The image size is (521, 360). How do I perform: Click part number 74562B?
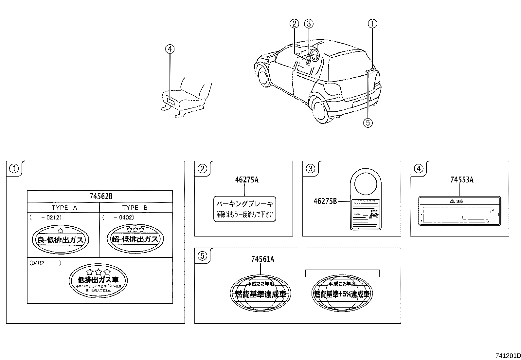101,197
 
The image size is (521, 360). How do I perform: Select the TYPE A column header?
64,208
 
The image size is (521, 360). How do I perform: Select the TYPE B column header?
135,208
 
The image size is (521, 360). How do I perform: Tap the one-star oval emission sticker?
61,239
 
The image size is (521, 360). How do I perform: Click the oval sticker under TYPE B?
135,238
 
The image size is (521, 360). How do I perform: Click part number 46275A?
246,180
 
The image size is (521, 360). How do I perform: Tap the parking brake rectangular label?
245,209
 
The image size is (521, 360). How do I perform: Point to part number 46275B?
325,201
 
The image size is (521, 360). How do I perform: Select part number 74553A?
462,180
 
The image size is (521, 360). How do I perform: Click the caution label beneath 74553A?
460,211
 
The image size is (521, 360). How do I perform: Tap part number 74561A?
262,259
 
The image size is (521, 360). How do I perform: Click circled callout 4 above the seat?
170,49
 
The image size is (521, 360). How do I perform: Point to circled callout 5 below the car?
368,123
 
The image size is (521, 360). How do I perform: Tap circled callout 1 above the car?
372,24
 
